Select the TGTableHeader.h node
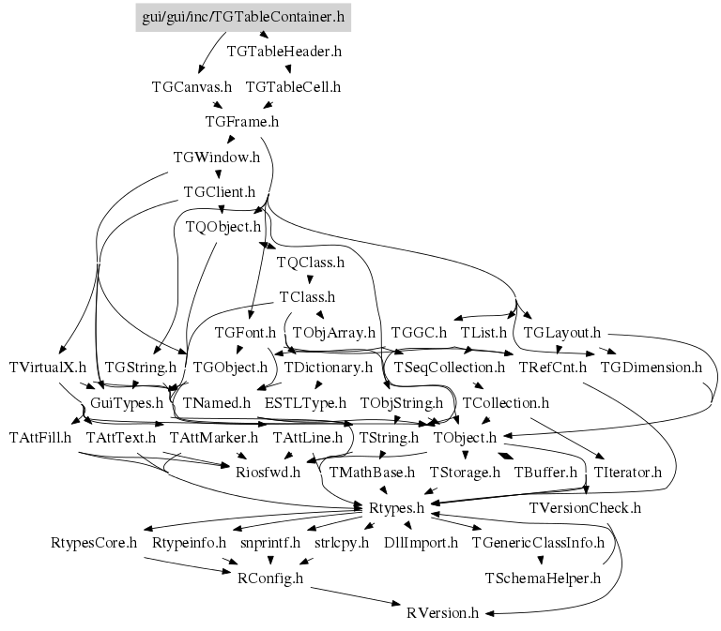click(284, 52)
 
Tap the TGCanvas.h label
click(192, 86)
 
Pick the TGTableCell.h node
click(293, 86)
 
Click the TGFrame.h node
click(242, 121)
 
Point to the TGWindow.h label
click(217, 157)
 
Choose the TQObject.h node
click(223, 227)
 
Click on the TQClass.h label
click(311, 263)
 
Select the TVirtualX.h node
click(47, 367)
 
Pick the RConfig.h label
click(269, 578)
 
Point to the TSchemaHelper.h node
click(543, 578)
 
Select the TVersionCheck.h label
click(585, 507)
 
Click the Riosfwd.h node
click(268, 472)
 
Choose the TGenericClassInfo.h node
click(538, 542)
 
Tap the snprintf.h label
click(270, 542)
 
